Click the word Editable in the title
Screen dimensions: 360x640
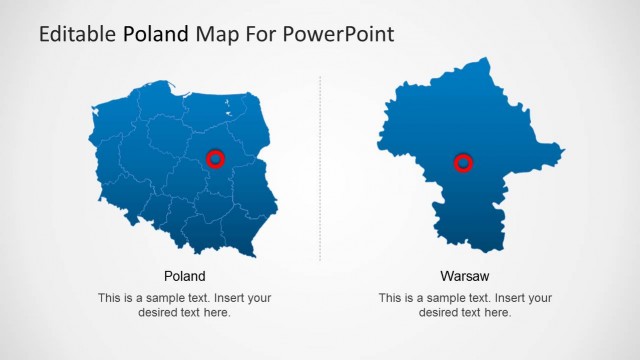coord(78,34)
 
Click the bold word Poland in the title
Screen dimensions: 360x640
coord(155,34)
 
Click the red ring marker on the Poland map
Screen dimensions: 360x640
coord(215,158)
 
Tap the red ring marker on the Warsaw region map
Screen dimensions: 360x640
coord(463,163)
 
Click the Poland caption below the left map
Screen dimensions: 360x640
coord(184,276)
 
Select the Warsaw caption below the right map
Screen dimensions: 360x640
coord(465,276)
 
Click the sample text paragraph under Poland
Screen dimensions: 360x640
coord(184,305)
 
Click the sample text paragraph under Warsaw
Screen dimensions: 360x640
coord(465,305)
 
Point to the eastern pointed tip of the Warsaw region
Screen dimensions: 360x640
coord(563,152)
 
